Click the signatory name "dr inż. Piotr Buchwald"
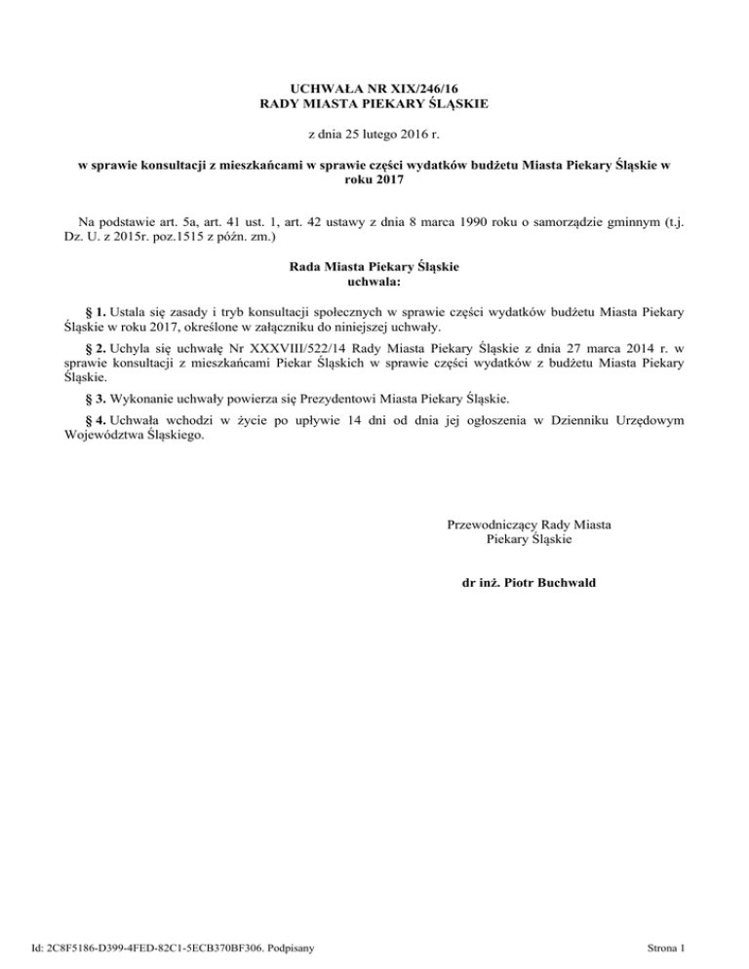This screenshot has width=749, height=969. coord(529,584)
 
